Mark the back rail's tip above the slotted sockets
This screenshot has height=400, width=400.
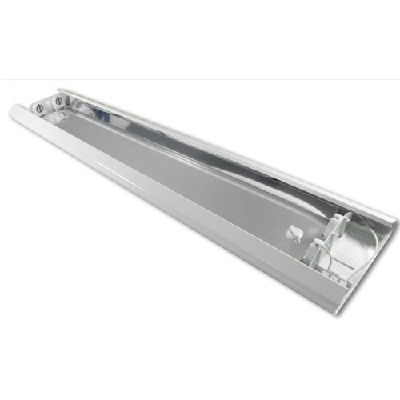[64, 90]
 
